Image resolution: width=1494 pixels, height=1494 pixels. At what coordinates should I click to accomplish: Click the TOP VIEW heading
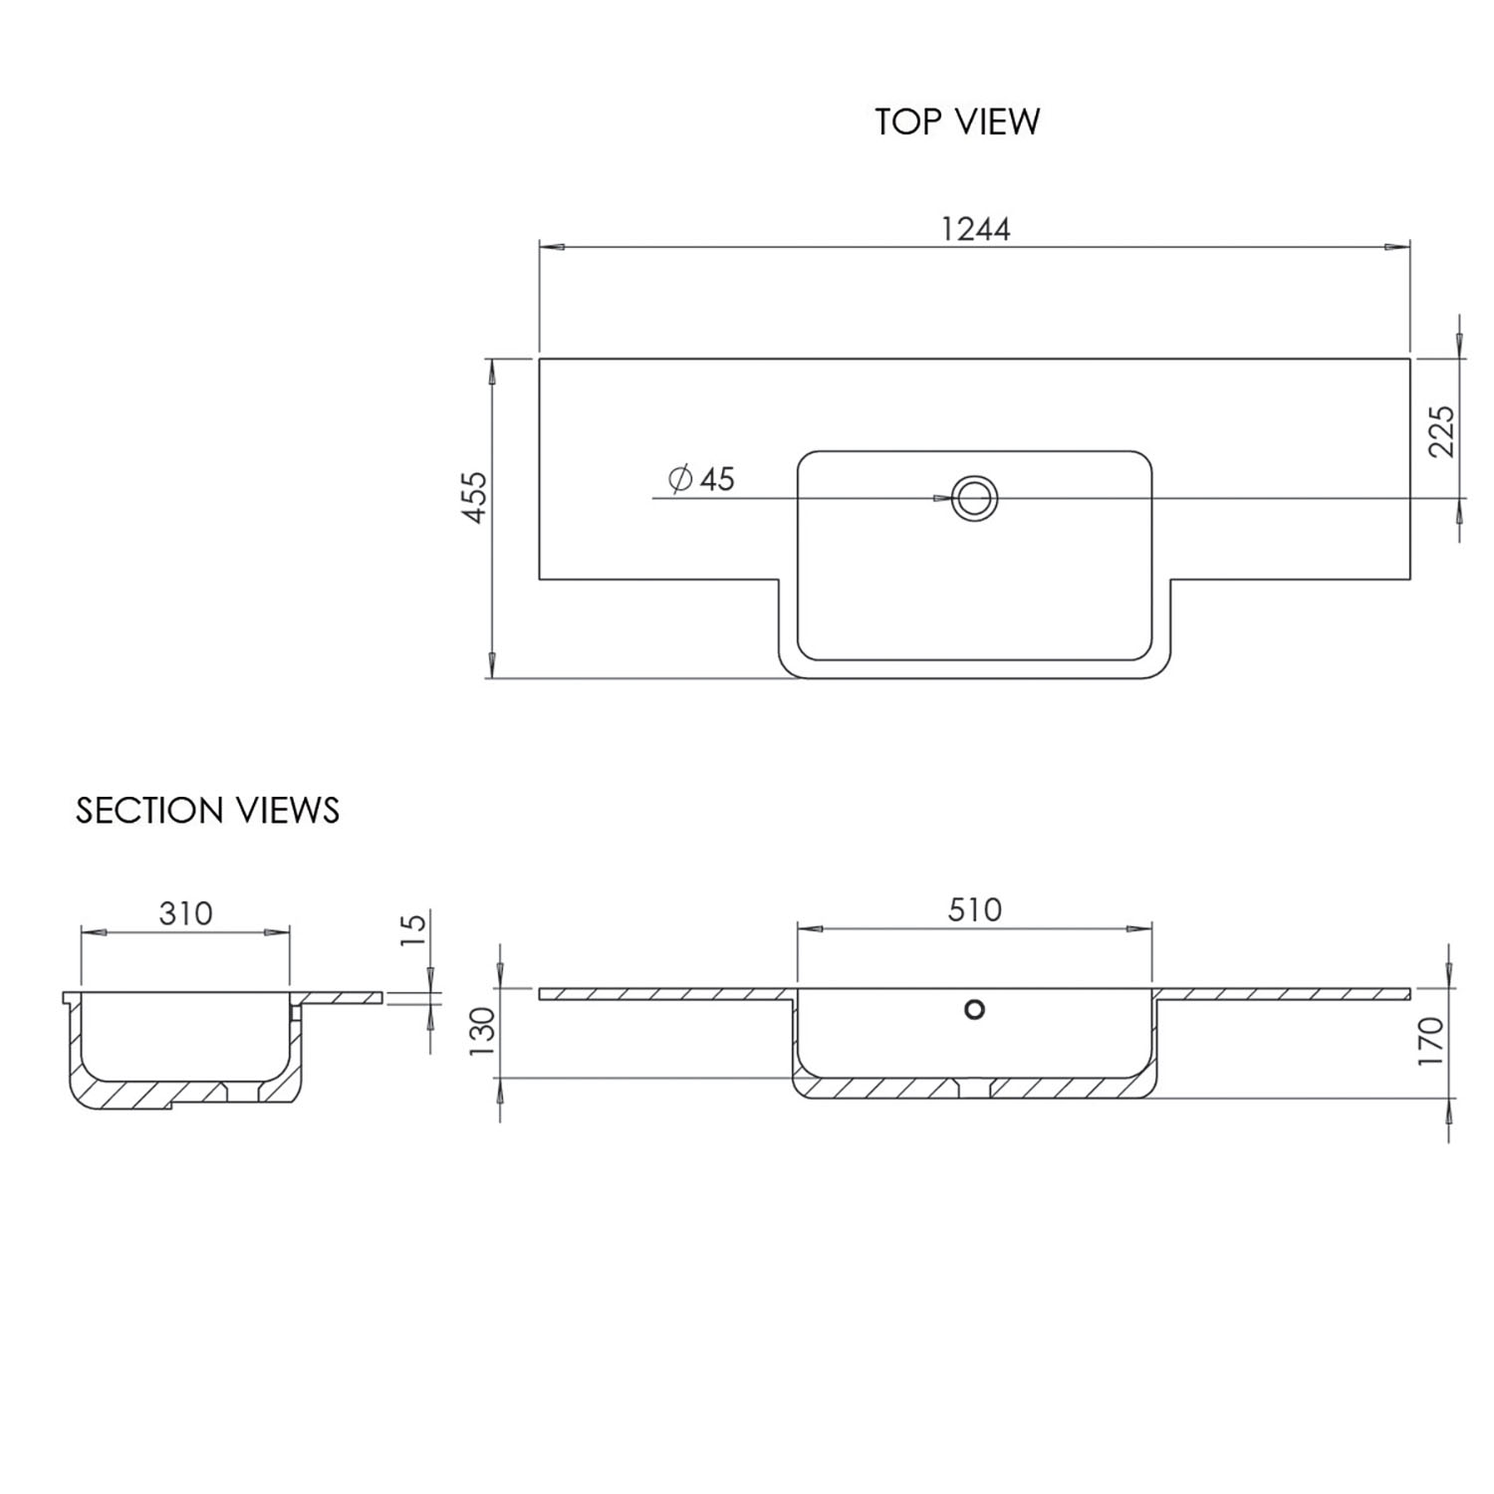[x=957, y=122]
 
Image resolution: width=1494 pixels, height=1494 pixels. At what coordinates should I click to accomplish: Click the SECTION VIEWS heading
[x=207, y=811]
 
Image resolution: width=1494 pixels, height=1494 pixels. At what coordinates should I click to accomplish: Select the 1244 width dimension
[x=975, y=229]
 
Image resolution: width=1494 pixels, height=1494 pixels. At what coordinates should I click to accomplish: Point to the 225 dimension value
[x=1441, y=430]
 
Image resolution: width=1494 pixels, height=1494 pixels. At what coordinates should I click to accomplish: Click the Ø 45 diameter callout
[x=703, y=479]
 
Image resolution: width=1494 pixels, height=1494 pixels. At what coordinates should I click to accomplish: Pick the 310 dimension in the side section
[x=185, y=912]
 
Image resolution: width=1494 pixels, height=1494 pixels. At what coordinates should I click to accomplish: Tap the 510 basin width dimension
[x=974, y=909]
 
